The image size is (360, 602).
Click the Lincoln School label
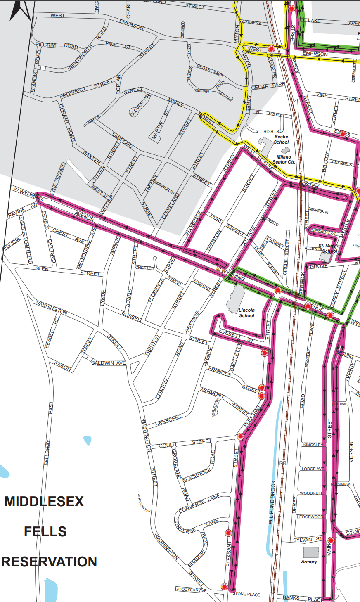tap(246, 313)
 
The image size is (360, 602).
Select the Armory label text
tap(309, 562)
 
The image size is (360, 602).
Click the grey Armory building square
tap(311, 552)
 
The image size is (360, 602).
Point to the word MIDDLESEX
tap(44, 502)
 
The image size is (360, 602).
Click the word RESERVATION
tap(49, 562)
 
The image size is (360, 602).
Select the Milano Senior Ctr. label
tap(284, 159)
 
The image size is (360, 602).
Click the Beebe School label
tap(281, 139)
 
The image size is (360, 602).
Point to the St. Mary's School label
tap(329, 248)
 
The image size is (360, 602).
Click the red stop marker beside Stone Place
tap(224, 586)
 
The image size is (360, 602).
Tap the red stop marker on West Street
tap(271, 49)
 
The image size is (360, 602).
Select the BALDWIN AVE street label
tap(108, 363)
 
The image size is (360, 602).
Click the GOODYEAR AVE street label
tap(191, 590)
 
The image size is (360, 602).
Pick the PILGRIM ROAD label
tap(57, 45)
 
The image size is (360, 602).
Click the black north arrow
tap(20, 10)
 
